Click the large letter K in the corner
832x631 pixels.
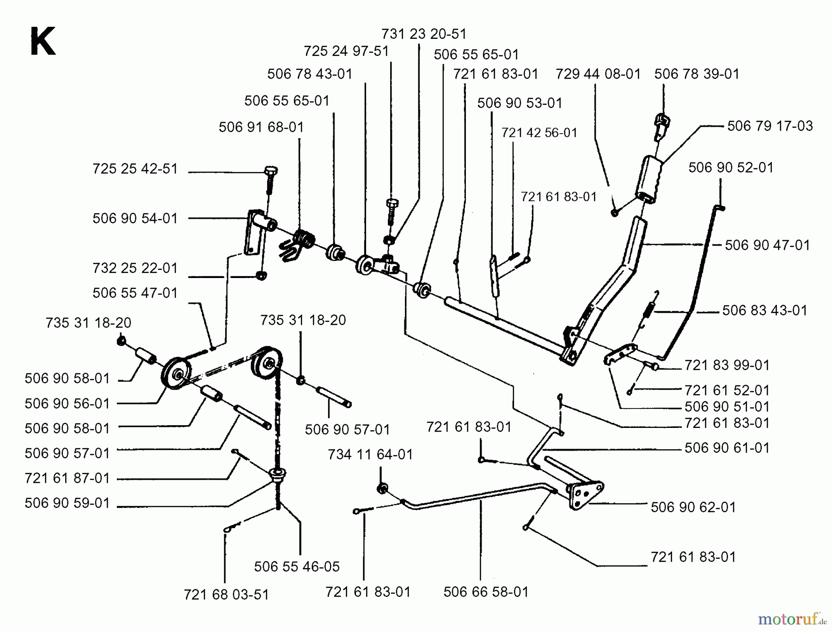[43, 42]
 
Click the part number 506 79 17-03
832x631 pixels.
[770, 126]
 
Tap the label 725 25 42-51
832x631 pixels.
[135, 169]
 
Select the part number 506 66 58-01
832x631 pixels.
[486, 592]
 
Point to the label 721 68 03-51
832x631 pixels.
[226, 595]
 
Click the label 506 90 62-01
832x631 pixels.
[693, 507]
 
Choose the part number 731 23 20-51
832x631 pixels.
[424, 34]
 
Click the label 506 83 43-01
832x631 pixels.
[765, 310]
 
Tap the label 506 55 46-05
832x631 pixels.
[297, 567]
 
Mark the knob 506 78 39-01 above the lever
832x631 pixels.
[662, 124]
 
